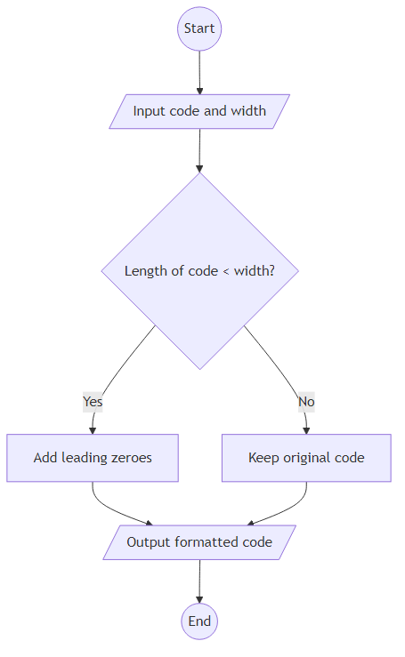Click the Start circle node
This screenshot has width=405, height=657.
coord(199,28)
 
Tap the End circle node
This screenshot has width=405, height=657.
coord(199,621)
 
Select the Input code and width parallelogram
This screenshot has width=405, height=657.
coord(199,111)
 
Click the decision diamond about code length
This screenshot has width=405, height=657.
coord(199,270)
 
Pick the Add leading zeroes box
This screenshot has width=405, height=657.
coord(93,458)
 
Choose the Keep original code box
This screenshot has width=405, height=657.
coord(306,458)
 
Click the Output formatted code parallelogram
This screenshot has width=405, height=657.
coord(199,541)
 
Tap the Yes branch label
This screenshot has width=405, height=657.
coord(93,401)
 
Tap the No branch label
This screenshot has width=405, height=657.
coord(306,401)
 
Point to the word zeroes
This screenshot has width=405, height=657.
coord(130,458)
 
